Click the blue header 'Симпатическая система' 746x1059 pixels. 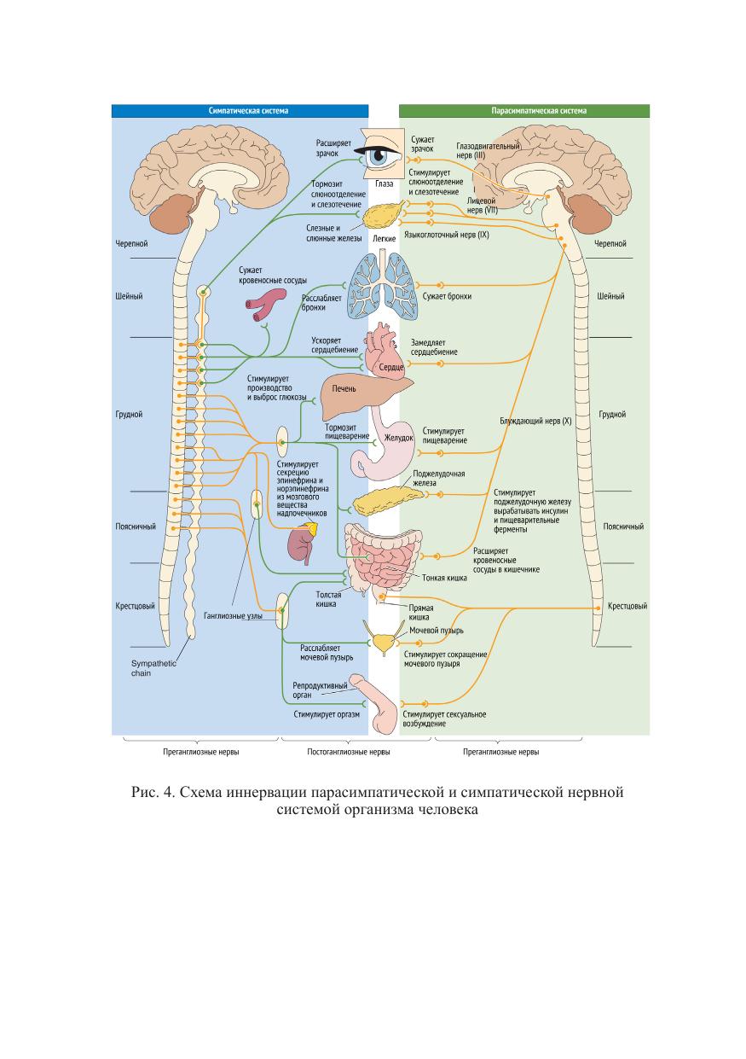tap(240, 111)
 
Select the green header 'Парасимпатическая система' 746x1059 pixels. tap(524, 111)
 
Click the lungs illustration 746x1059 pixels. tap(382, 286)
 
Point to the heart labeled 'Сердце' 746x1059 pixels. tap(385, 351)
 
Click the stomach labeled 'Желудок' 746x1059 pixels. tap(384, 442)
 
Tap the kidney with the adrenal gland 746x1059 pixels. tap(303, 542)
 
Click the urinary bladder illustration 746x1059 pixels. tap(383, 639)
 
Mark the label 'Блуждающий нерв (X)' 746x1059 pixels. tap(535, 421)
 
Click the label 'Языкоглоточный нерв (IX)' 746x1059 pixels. tap(446, 235)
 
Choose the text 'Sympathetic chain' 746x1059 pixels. tap(153, 668)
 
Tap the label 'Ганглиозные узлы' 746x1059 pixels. tap(233, 615)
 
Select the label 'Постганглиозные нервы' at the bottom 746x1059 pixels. tap(348, 752)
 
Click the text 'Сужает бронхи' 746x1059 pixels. tap(447, 296)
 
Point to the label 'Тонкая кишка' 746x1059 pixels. tap(444, 577)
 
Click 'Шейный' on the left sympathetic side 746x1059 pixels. tap(129, 296)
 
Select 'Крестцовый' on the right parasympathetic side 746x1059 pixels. tap(627, 606)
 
